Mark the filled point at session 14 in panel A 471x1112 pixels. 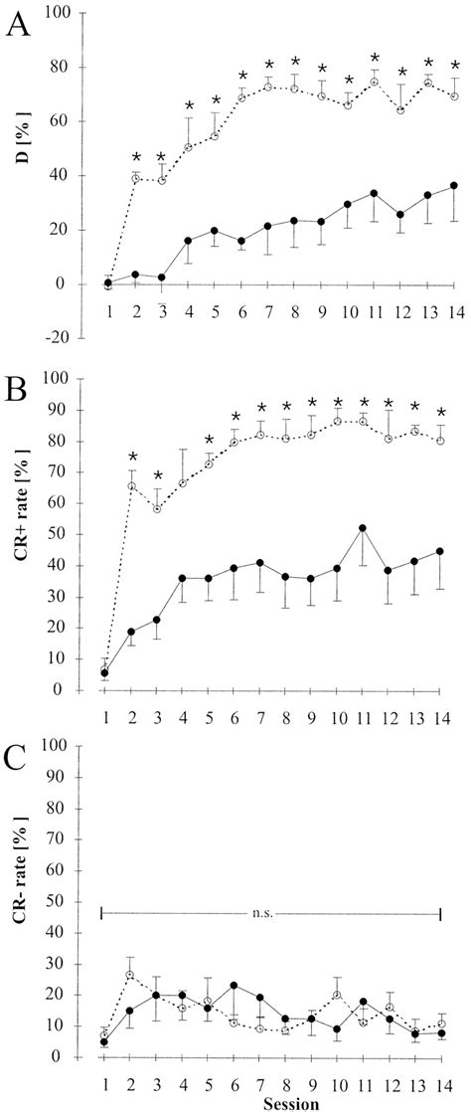(452, 186)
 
